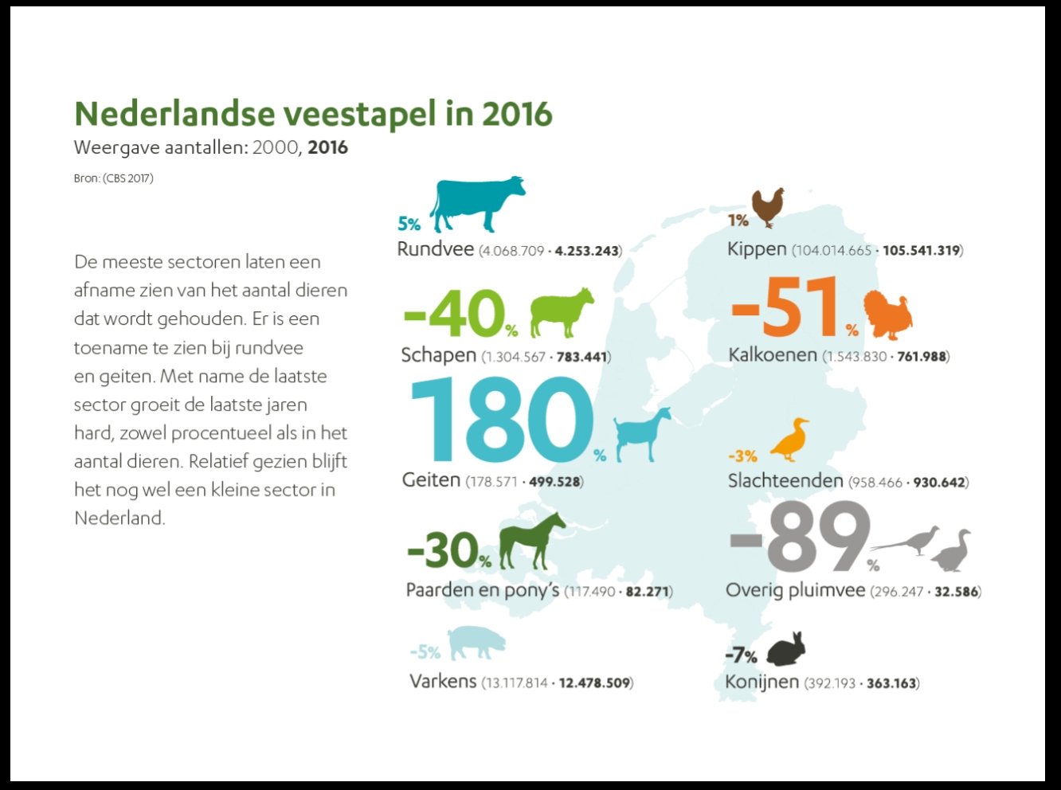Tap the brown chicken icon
tap(768, 207)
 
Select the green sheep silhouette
tap(561, 312)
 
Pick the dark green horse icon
tap(531, 541)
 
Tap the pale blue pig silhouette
tap(476, 643)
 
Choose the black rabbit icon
tap(785, 649)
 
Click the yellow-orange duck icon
tap(789, 440)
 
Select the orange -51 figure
tap(785, 307)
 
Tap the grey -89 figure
tap(799, 536)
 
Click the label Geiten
tap(431, 479)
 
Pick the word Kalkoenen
tap(773, 355)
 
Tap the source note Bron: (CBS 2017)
tap(114, 178)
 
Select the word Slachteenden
tap(785, 480)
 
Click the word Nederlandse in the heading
tap(175, 114)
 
